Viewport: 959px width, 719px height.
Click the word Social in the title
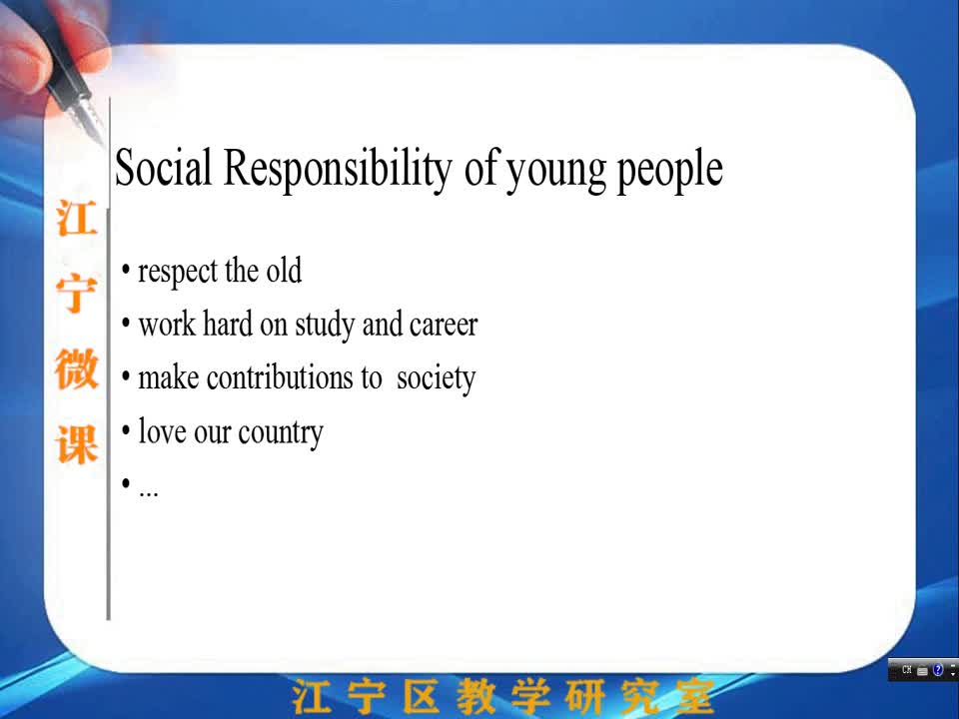pos(163,168)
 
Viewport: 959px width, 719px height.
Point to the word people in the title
pos(669,172)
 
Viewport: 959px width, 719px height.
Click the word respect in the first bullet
pos(178,272)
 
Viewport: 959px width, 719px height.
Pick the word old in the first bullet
pos(284,270)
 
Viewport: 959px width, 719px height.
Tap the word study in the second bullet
pos(324,326)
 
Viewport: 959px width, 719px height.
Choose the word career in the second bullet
pos(444,326)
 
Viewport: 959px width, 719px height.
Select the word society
pos(437,379)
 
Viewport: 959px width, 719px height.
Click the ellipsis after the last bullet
pos(149,493)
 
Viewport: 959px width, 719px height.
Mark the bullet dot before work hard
pos(126,323)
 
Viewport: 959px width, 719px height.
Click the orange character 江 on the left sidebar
pos(77,219)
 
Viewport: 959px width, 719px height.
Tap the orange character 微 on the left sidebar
pos(77,368)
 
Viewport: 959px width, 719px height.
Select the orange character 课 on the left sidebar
pos(77,444)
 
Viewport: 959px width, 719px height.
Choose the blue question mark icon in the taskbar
pos(938,669)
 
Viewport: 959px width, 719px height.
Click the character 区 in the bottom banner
pos(422,696)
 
